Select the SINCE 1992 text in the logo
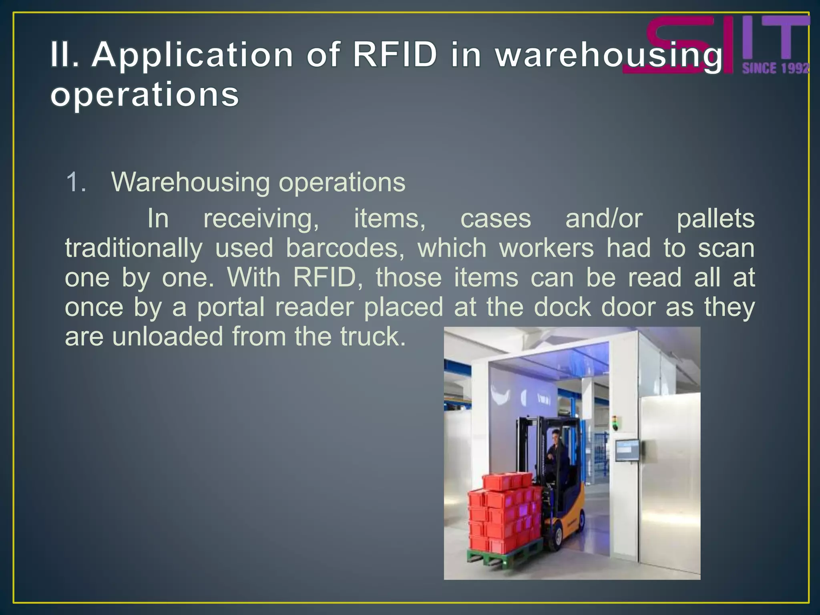[x=776, y=68]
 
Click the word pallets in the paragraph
[x=715, y=219]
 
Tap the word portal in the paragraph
[x=231, y=307]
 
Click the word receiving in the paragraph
[x=261, y=219]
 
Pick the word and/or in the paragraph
[x=604, y=219]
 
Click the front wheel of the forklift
[x=555, y=539]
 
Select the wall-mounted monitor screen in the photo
[x=627, y=450]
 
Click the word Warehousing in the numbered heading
[x=190, y=182]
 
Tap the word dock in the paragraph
[x=563, y=307]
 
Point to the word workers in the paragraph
[x=547, y=248]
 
